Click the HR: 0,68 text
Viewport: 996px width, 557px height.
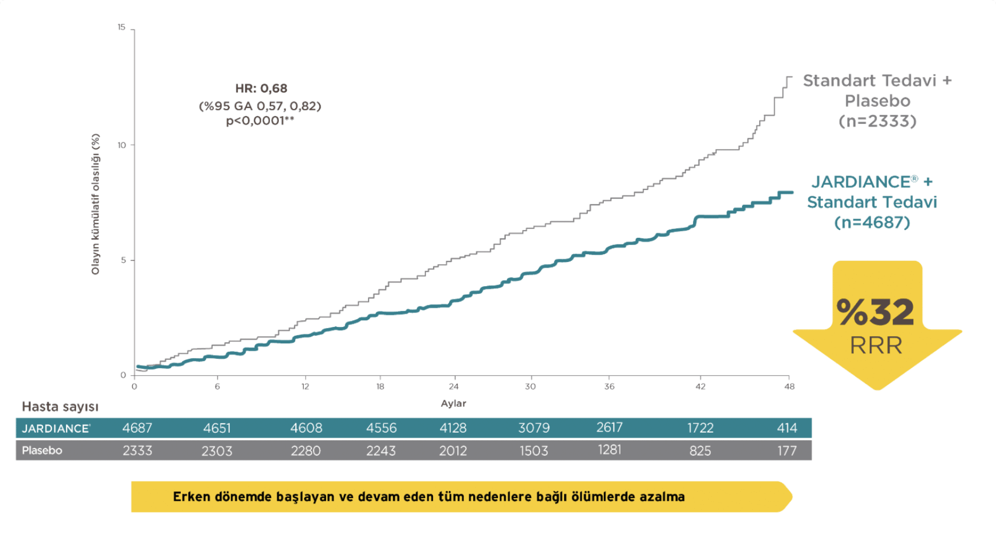click(x=261, y=88)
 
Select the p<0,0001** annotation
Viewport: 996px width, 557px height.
click(x=260, y=120)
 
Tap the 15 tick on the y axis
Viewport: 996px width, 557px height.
click(x=122, y=27)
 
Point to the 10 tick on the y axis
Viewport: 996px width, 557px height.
click(x=122, y=145)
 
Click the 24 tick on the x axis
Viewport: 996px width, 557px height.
click(x=454, y=387)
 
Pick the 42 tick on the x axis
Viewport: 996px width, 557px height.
click(x=700, y=387)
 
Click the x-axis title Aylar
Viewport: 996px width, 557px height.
click(x=453, y=404)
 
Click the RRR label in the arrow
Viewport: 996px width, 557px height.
click(x=876, y=345)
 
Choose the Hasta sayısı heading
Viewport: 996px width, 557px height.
click(x=60, y=407)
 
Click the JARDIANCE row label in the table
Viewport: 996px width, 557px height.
click(x=56, y=428)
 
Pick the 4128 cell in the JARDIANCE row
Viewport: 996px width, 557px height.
click(x=453, y=428)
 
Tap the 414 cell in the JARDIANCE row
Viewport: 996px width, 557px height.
click(x=787, y=428)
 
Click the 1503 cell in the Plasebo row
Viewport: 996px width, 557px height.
click(x=534, y=451)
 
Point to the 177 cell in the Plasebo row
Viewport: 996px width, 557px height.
click(x=787, y=451)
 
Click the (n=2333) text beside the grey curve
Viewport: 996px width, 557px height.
click(x=877, y=121)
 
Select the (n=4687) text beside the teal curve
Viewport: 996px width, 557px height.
click(x=872, y=222)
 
